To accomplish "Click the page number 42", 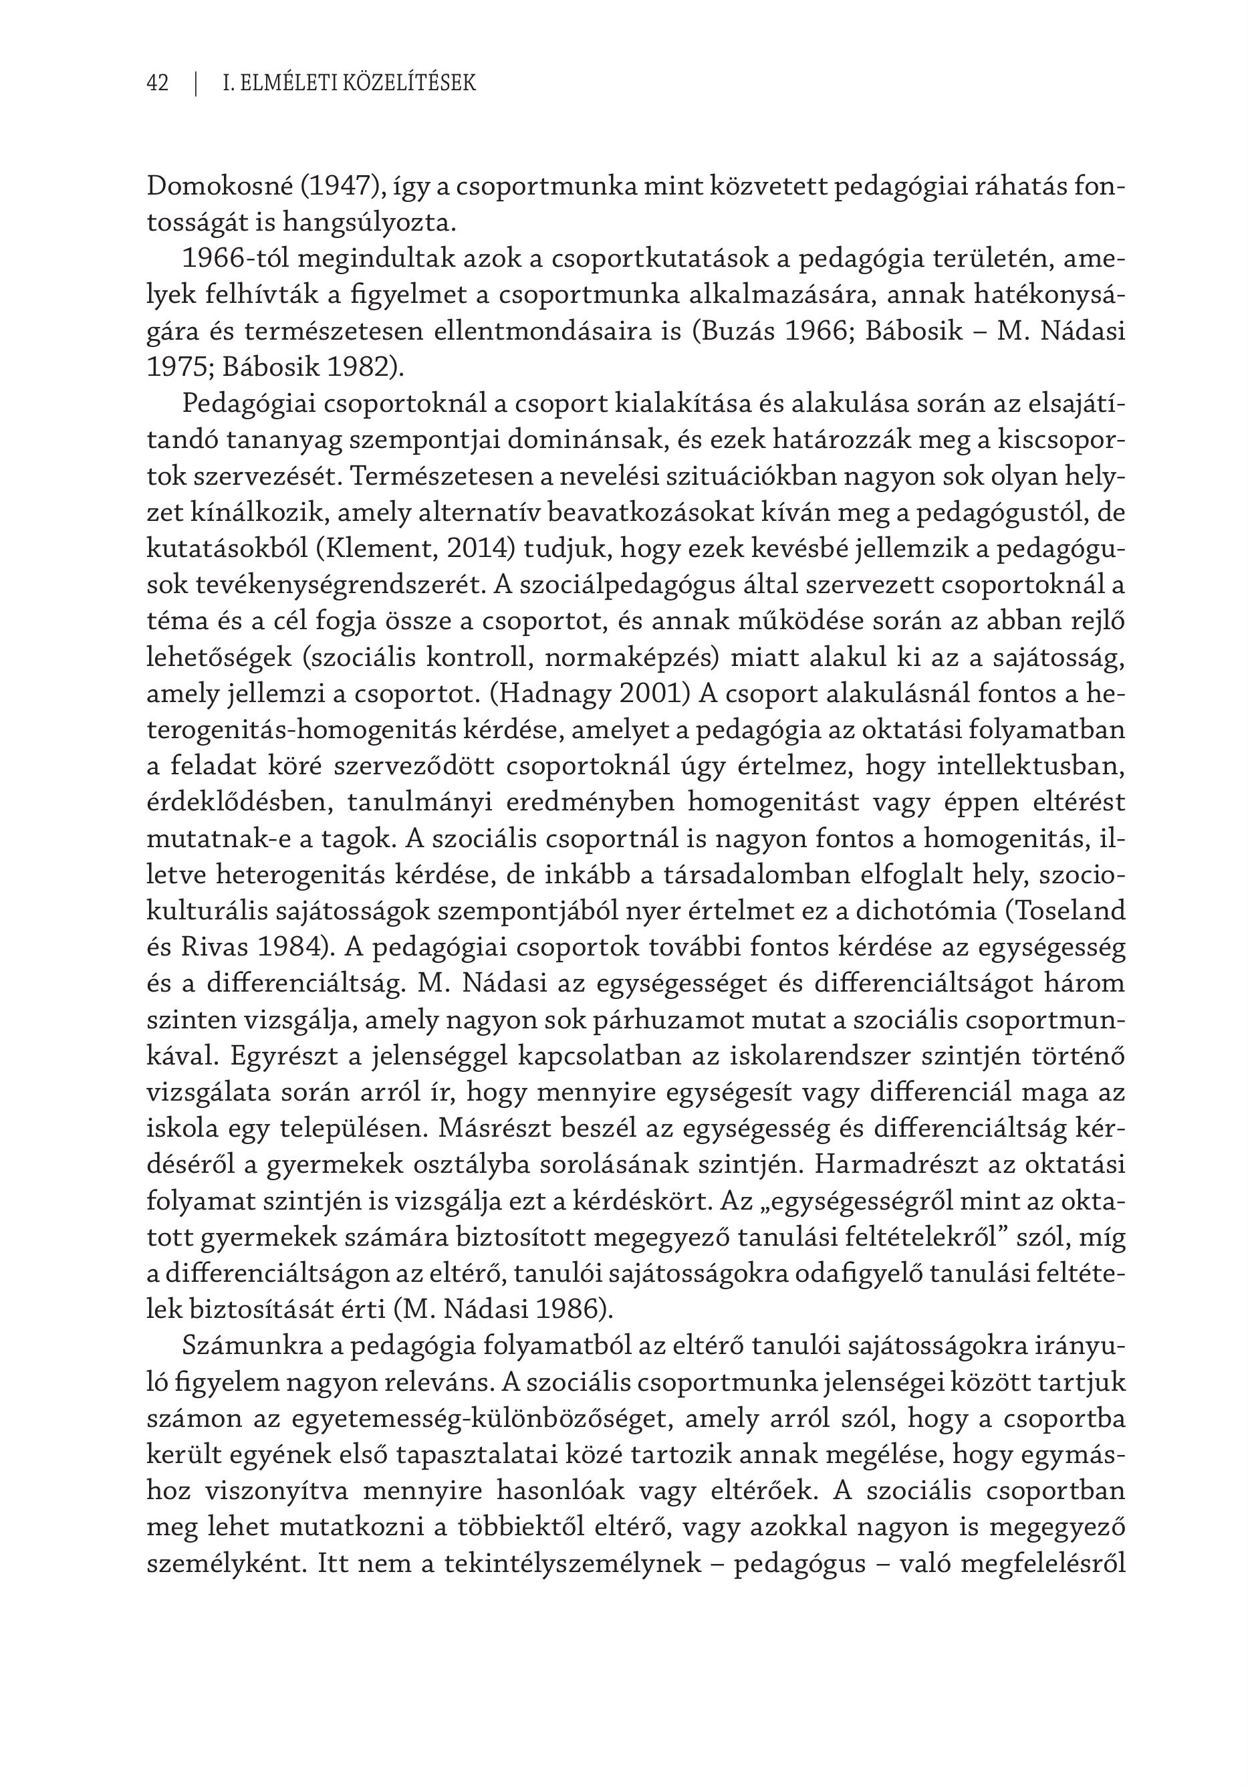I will coord(158,82).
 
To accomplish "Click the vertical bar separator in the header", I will coord(196,82).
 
